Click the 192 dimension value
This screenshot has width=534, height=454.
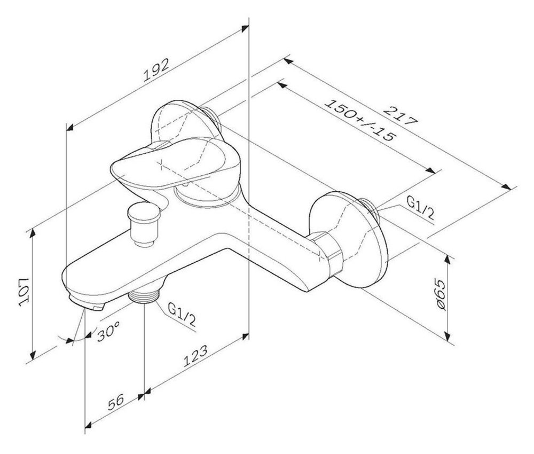coord(155,70)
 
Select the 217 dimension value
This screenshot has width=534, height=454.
coord(400,117)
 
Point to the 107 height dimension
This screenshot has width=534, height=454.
coord(25,292)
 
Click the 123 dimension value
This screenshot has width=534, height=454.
coord(195,356)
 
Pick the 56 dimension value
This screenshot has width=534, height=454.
coord(116,402)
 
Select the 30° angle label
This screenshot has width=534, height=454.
coord(108,331)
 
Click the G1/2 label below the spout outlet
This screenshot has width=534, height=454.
coord(182,314)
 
